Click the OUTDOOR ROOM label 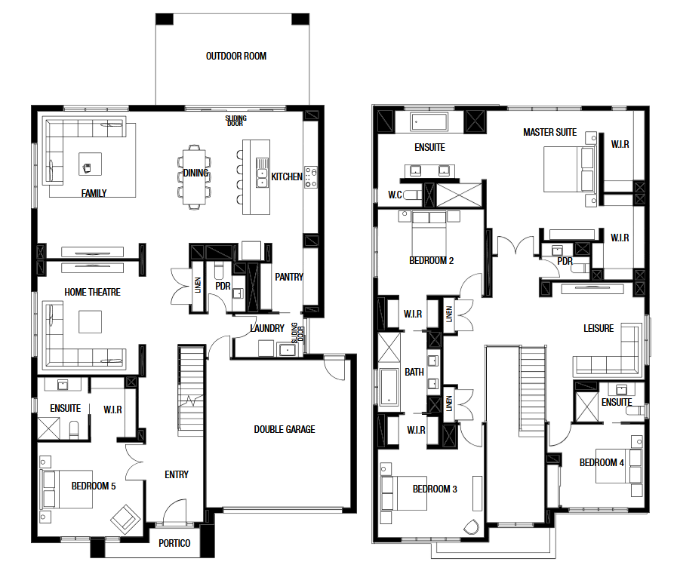(x=236, y=56)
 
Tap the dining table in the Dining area (x=194, y=177)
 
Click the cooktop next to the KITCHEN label (x=311, y=176)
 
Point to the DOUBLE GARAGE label (x=284, y=429)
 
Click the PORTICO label (x=174, y=544)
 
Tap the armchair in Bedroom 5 (x=125, y=520)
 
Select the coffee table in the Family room (x=91, y=164)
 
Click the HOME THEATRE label (x=92, y=292)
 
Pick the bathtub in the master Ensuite (x=429, y=122)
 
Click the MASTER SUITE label (x=549, y=132)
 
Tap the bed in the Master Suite (x=570, y=169)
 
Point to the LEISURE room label (x=599, y=328)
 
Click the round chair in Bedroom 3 (x=472, y=526)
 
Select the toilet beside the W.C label (x=412, y=195)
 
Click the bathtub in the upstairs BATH (x=389, y=387)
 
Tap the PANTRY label (x=289, y=277)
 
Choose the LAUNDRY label (x=267, y=328)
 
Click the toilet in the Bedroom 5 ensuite (x=74, y=430)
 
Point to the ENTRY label (x=177, y=474)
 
